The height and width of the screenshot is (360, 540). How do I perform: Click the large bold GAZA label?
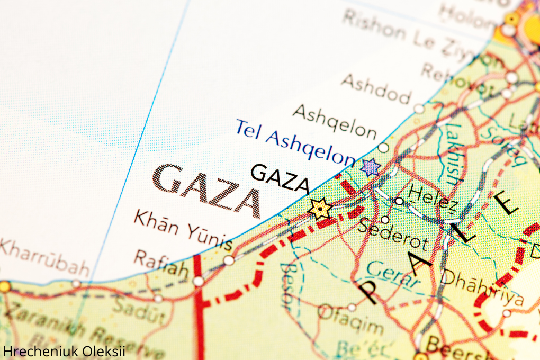pos(208,190)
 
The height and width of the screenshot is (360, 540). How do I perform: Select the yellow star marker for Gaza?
pos(320,209)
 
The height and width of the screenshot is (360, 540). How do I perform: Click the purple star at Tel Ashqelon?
pos(371,167)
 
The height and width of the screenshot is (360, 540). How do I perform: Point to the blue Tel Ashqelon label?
pos(294,142)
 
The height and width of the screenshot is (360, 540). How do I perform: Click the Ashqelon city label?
pos(335,121)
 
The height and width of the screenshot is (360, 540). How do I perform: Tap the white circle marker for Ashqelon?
pos(383,148)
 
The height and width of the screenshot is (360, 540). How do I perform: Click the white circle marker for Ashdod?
pos(419,109)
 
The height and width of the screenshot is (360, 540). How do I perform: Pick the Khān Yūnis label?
pos(183,230)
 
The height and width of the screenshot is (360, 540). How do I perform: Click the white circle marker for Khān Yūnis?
pos(229,260)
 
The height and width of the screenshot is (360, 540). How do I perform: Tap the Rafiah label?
pos(160,263)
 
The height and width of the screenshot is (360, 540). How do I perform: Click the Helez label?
pos(433,197)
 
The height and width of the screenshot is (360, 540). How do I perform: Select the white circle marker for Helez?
pos(399,201)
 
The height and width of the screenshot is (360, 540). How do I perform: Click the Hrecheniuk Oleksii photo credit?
pos(64,351)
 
